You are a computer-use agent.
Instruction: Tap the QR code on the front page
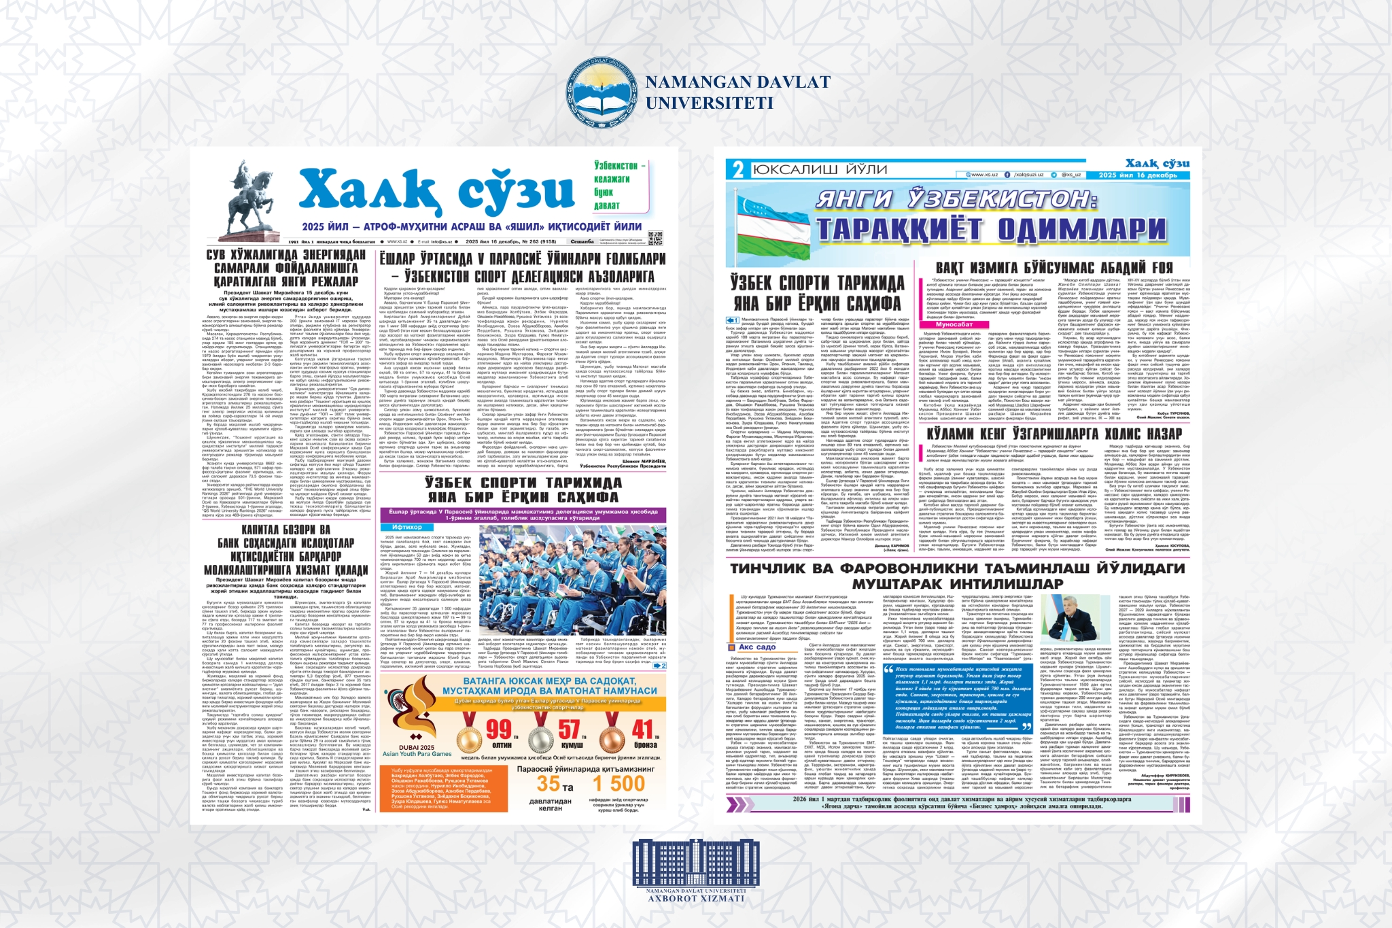pos(655,238)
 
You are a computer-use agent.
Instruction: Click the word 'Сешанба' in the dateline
pos(582,241)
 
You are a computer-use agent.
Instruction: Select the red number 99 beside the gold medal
pos(499,729)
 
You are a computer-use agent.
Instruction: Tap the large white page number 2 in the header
pos(738,170)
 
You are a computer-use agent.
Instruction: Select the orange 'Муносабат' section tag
pos(954,325)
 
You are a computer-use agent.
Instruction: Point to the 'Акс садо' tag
pos(756,647)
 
